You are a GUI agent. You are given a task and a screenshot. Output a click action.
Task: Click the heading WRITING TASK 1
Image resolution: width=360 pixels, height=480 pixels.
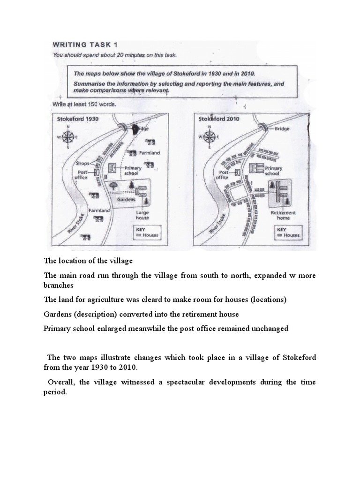pyautogui.click(x=85, y=45)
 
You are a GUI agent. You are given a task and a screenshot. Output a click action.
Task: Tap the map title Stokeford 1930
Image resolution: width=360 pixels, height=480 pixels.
pyautogui.click(x=77, y=119)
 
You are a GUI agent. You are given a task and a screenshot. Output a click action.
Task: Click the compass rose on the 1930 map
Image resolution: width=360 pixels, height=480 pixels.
pyautogui.click(x=68, y=137)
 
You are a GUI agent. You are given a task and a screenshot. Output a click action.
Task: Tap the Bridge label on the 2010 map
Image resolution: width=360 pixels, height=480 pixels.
pyautogui.click(x=282, y=128)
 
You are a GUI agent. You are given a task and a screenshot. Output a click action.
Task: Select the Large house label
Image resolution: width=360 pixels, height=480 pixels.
pyautogui.click(x=142, y=215)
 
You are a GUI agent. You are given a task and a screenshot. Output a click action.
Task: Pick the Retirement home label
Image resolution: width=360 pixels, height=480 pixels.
pyautogui.click(x=284, y=215)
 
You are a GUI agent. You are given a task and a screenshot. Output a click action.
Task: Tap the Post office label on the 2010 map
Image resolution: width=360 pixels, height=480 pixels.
pyautogui.click(x=222, y=175)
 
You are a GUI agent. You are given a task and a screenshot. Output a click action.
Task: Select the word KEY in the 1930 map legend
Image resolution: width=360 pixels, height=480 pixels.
pyautogui.click(x=140, y=230)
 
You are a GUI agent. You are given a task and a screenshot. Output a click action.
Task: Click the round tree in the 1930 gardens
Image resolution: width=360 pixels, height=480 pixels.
pyautogui.click(x=113, y=186)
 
